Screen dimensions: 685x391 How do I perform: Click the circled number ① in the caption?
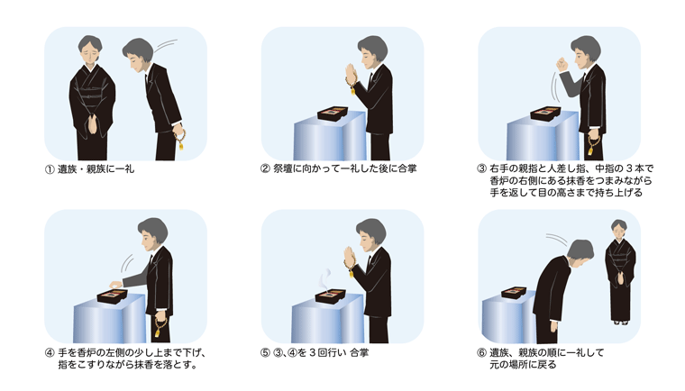(x=50, y=169)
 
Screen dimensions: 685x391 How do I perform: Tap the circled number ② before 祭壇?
(x=265, y=168)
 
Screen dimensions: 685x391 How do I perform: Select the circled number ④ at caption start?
(x=50, y=352)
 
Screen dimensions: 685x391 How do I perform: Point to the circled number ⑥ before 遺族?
(x=482, y=352)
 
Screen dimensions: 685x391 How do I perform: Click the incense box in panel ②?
(x=333, y=114)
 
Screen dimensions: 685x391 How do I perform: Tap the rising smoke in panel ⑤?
(x=325, y=279)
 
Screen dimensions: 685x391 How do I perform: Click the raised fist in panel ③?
(x=562, y=65)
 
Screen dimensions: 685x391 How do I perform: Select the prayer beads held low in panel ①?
(x=179, y=138)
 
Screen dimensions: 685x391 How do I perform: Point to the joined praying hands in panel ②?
(x=351, y=74)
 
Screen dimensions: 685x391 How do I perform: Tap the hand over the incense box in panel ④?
(x=115, y=285)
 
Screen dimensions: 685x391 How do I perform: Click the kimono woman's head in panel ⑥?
(x=618, y=227)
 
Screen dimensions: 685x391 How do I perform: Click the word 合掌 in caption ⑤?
(x=359, y=352)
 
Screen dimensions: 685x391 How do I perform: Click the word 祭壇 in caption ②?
(x=283, y=168)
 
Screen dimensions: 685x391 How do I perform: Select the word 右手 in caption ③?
(x=499, y=168)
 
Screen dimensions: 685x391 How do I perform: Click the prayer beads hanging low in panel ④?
(x=160, y=328)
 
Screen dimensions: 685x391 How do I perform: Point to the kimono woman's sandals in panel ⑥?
(x=621, y=323)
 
